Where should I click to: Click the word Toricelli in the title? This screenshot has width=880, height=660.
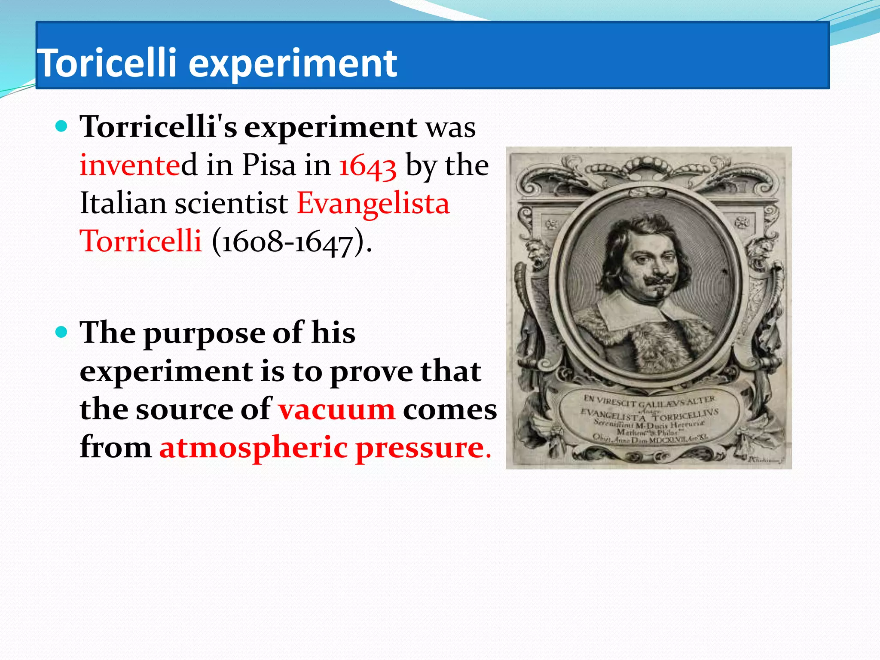(x=107, y=63)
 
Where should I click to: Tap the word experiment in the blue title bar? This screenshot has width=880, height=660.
(x=293, y=64)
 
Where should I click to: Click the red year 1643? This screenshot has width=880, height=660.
(x=367, y=166)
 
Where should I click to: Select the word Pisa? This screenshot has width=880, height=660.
(x=269, y=165)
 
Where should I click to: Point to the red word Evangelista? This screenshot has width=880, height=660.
(x=373, y=204)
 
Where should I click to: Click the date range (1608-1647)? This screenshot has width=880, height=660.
(x=291, y=241)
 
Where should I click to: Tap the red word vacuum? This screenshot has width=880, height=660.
(x=336, y=409)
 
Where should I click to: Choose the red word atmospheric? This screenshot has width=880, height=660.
(x=254, y=448)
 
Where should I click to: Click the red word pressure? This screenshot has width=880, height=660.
(x=420, y=448)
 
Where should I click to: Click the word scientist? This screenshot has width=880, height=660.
(x=231, y=203)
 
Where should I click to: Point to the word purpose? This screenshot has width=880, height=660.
(x=205, y=334)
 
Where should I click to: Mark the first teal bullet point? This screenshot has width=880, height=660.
(x=62, y=126)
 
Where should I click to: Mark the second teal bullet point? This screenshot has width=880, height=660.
(x=62, y=332)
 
